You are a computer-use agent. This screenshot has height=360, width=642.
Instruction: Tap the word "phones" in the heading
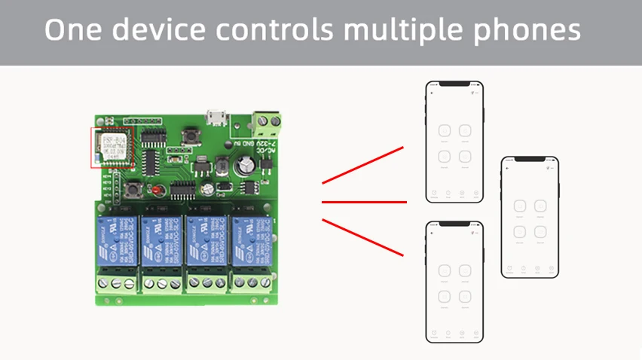click(532, 31)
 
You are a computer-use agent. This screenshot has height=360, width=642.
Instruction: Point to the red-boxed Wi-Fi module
click(112, 146)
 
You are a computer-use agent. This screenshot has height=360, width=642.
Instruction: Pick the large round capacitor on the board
click(244, 167)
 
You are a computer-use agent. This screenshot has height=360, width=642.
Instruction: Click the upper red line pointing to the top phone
click(363, 165)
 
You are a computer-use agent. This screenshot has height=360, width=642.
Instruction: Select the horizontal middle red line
click(364, 202)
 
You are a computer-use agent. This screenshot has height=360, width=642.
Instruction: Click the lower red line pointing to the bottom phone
click(363, 237)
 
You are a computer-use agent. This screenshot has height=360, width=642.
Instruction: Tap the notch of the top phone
click(454, 84)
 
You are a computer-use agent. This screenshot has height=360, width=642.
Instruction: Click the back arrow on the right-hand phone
click(507, 168)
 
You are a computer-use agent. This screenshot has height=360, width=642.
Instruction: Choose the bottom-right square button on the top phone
click(465, 157)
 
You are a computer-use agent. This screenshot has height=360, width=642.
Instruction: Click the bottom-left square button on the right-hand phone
click(519, 232)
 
